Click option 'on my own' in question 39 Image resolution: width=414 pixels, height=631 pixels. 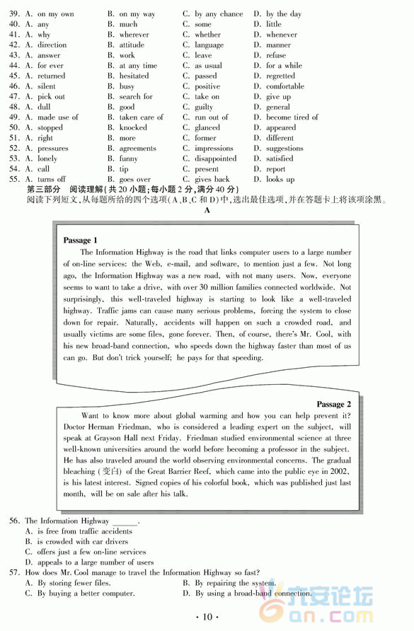click(x=55, y=14)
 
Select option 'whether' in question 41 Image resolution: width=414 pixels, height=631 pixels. click(x=207, y=35)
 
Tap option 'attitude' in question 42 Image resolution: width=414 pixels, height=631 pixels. click(x=132, y=45)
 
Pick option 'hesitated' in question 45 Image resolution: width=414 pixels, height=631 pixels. click(x=134, y=76)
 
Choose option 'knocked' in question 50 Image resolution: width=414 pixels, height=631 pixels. click(x=133, y=128)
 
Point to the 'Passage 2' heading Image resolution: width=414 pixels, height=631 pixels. click(x=334, y=405)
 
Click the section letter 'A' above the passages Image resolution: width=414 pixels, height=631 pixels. click(x=207, y=211)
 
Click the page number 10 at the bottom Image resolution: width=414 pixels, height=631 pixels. click(x=207, y=617)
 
